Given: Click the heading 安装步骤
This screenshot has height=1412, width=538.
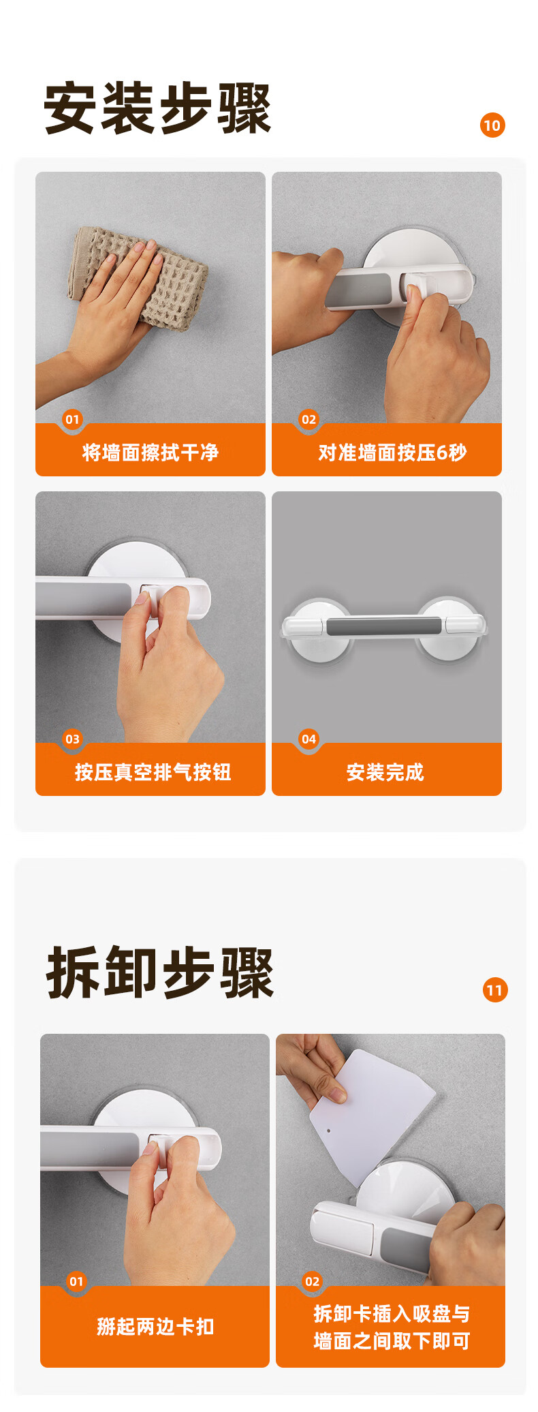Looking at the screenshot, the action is pos(157,108).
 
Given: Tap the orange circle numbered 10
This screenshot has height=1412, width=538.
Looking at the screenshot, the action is pos(492,125).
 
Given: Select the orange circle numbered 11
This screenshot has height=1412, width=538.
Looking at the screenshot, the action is pos(495,990).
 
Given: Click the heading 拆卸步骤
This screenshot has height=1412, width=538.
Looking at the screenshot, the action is pos(160,973).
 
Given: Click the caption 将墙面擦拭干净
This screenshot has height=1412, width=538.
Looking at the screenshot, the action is pos(151,452).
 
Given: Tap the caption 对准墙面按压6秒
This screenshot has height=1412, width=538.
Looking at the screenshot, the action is pos(393,452).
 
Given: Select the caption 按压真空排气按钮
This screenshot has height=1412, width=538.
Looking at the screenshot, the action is pos(153,772).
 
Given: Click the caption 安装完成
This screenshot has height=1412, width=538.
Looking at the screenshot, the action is pos(385,772).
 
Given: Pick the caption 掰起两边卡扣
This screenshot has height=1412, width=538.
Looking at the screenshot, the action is pos(155,1327).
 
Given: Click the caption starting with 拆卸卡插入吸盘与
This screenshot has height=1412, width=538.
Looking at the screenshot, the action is pos(392,1327).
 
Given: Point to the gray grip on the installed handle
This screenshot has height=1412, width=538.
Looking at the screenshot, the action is pos(383,626).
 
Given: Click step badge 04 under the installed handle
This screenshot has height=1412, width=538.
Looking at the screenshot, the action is pos(309,739).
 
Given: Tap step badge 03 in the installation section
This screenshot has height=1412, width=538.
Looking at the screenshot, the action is pos(72,739).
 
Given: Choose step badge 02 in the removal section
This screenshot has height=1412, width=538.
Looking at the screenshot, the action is pos(312,1282).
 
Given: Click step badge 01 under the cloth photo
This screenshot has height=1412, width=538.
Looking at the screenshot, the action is pos(72,420).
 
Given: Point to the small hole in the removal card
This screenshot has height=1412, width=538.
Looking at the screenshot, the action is pos(330,1131).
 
